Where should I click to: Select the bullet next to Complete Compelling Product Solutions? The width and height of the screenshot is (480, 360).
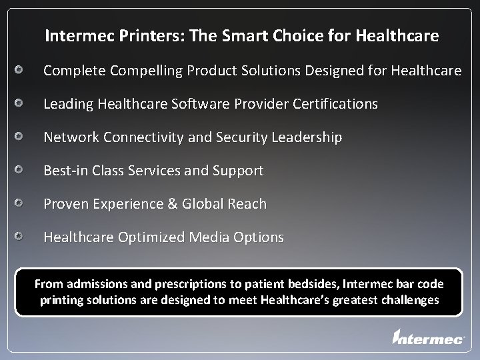click(21, 70)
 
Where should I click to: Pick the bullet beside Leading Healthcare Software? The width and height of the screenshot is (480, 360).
click(21, 104)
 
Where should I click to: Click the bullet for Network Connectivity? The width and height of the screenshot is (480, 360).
click(21, 137)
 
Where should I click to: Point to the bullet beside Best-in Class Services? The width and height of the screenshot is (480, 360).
click(21, 170)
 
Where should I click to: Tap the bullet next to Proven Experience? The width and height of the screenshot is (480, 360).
click(21, 203)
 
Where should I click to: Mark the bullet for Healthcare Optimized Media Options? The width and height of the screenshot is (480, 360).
click(21, 237)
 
